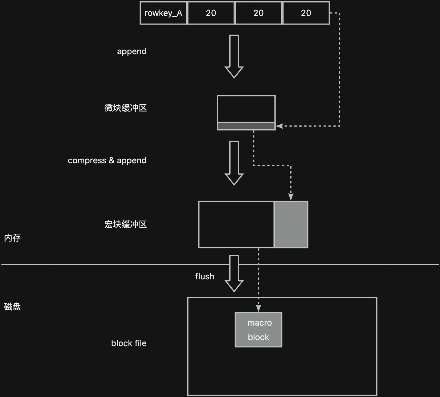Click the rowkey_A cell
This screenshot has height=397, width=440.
(x=163, y=13)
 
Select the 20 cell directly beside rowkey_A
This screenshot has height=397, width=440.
(x=211, y=13)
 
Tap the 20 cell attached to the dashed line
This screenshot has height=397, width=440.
(x=306, y=13)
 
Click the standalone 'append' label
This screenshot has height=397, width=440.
(x=132, y=51)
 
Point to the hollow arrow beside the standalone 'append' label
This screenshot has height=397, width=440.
(x=234, y=57)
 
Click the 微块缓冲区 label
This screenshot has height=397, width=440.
(x=125, y=108)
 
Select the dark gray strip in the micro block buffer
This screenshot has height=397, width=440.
(x=246, y=126)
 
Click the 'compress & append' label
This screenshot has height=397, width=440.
(x=107, y=161)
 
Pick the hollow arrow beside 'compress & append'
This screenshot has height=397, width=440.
(x=234, y=163)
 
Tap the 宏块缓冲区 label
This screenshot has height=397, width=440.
(x=125, y=224)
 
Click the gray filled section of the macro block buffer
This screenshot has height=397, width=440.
(x=291, y=224)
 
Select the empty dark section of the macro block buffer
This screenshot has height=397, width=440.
(x=236, y=224)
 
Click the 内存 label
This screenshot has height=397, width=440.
(x=12, y=238)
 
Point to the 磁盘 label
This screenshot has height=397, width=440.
(x=12, y=307)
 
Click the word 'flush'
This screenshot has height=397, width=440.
(x=205, y=276)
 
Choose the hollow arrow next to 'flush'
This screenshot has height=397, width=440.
(x=234, y=274)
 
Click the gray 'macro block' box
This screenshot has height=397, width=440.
(x=258, y=330)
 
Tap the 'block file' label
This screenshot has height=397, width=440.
(x=129, y=343)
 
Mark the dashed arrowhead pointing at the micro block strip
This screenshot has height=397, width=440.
(x=279, y=126)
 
